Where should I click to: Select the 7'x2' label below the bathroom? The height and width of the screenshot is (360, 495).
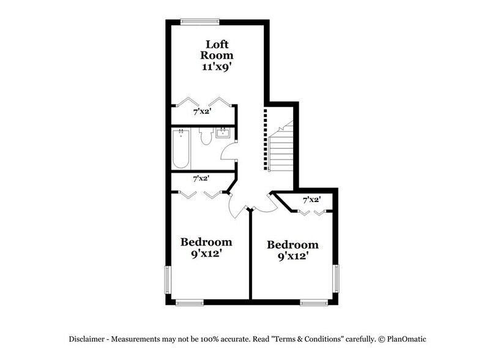[x=201, y=179]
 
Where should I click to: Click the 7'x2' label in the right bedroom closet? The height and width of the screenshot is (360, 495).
[x=312, y=200]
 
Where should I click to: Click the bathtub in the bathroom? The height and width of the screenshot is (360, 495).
[x=181, y=148]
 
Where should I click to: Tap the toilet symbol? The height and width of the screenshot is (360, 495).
[x=206, y=137]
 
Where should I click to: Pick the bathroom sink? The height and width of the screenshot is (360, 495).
[x=223, y=133]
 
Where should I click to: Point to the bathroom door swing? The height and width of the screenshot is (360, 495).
[x=229, y=151]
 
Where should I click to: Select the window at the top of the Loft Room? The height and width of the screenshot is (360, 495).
[x=200, y=22]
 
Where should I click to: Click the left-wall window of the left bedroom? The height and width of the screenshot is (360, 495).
[x=168, y=280]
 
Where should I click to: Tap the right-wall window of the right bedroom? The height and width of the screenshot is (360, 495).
[x=335, y=279]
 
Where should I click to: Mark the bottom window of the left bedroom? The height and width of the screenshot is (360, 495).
[x=189, y=302]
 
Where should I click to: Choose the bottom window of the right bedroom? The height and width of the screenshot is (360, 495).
[x=314, y=302]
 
